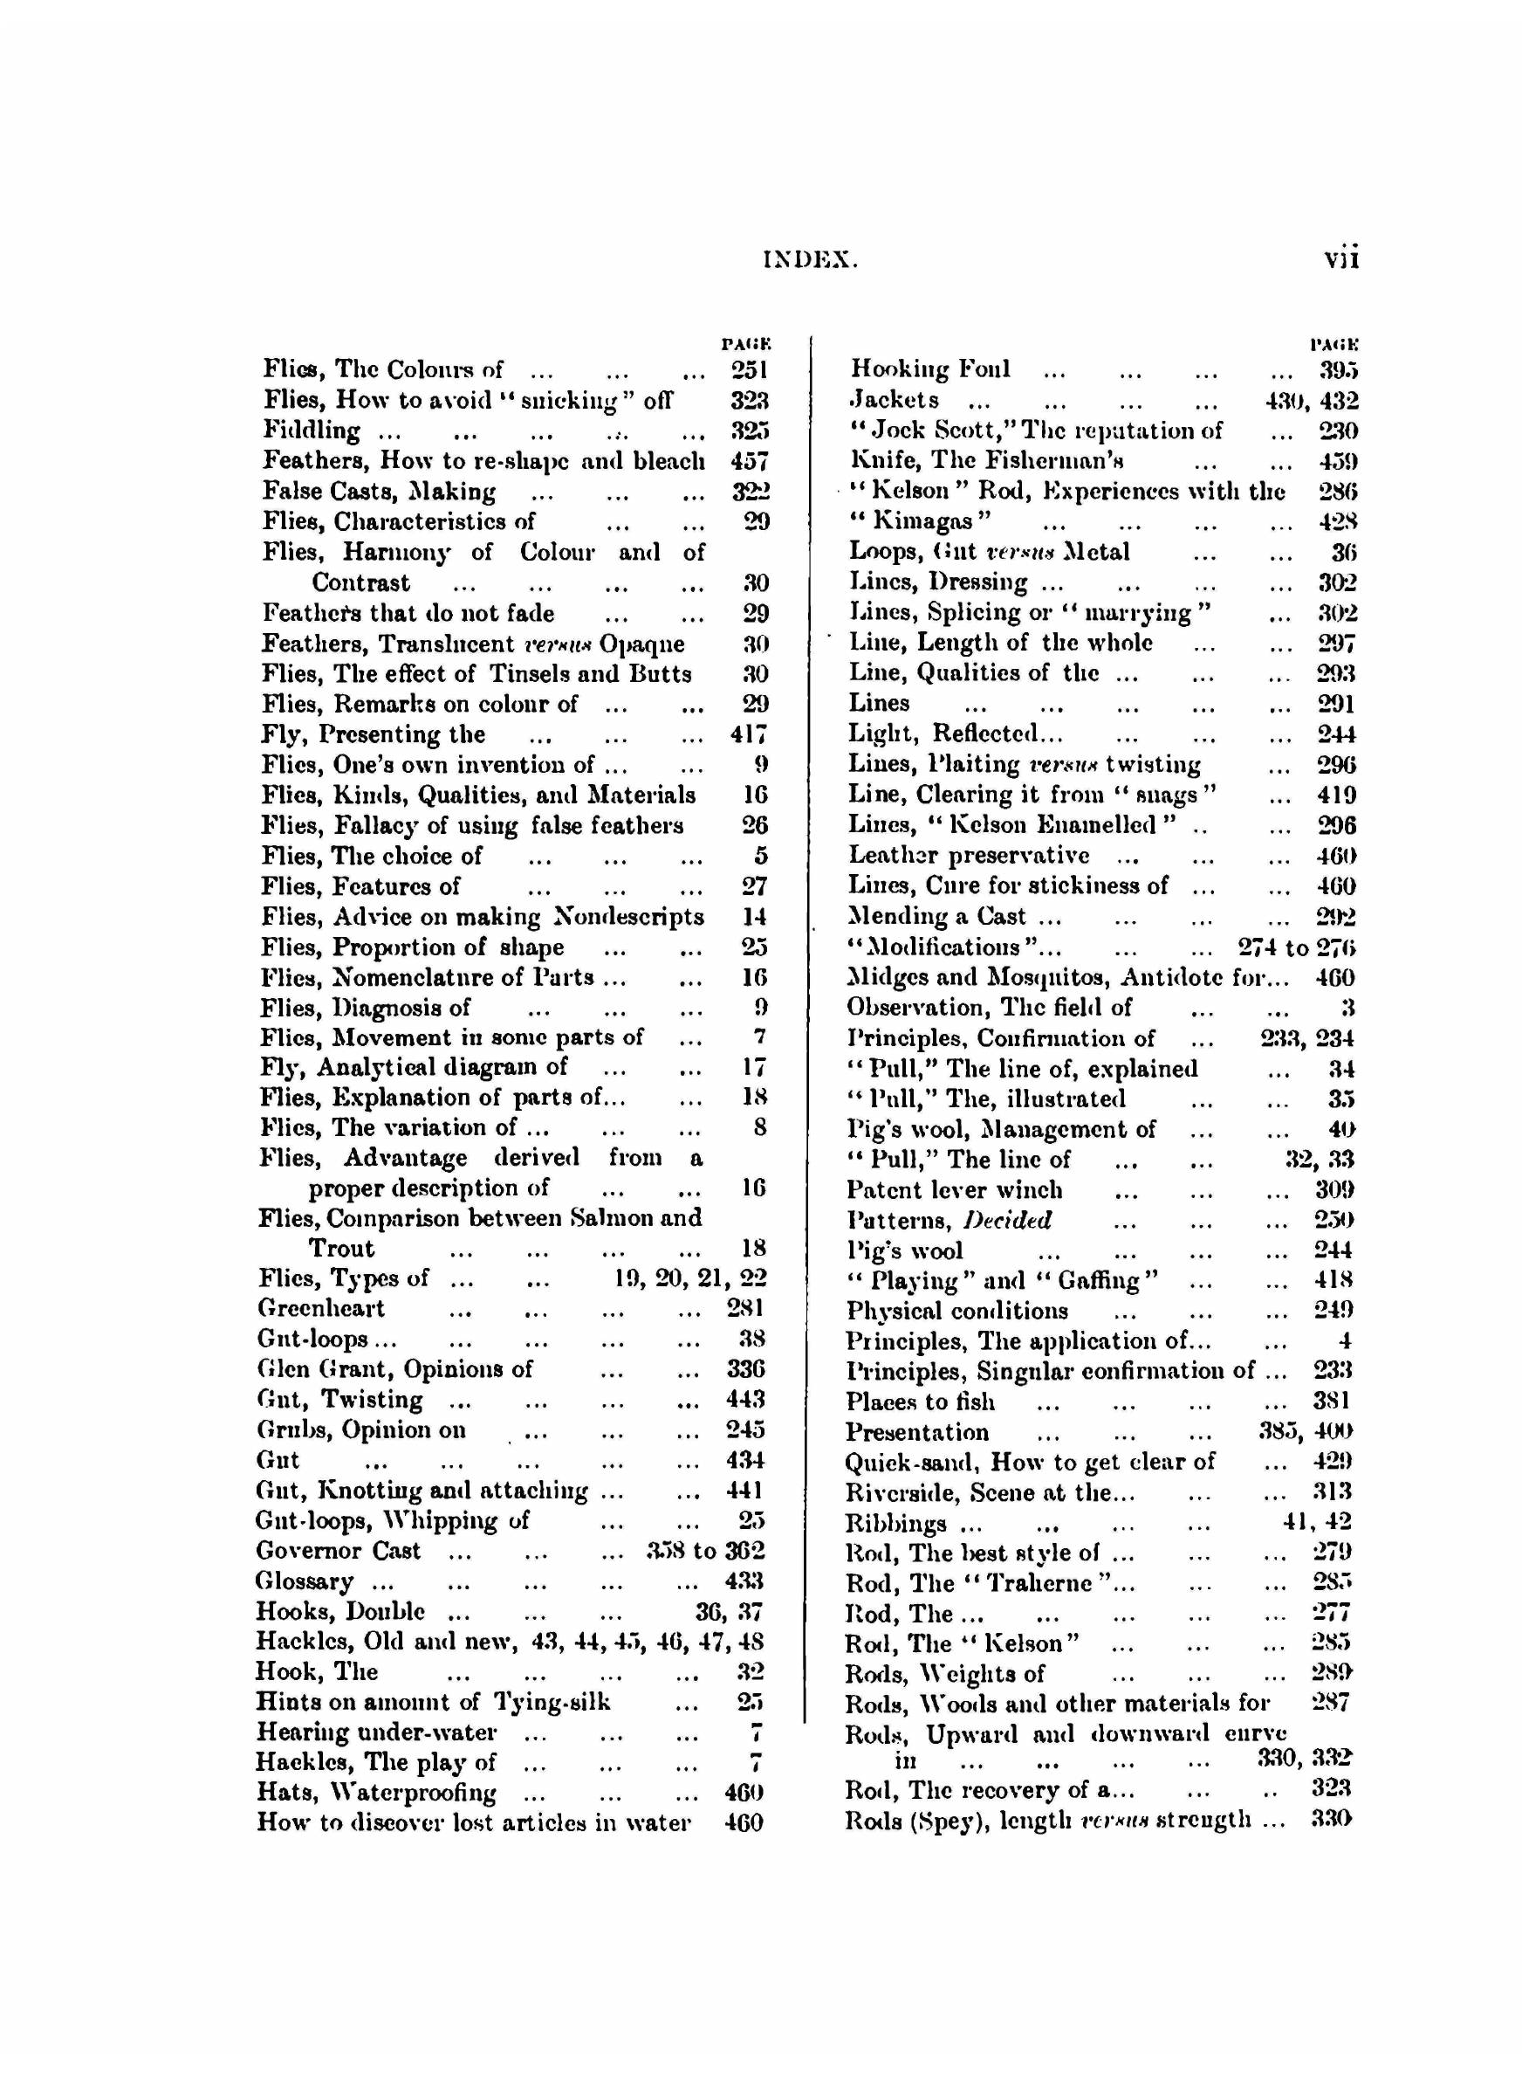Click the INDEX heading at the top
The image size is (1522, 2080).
click(x=810, y=261)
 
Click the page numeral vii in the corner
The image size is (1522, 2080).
click(x=1340, y=259)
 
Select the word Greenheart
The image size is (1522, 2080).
click(x=321, y=1309)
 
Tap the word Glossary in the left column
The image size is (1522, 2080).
click(x=304, y=1581)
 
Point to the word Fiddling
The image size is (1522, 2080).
click(x=312, y=430)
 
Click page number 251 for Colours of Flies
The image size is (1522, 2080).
click(x=749, y=369)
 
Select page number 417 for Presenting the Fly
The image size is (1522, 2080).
click(x=748, y=734)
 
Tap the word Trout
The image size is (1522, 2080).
click(x=341, y=1249)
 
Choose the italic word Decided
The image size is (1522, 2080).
click(x=1007, y=1221)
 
